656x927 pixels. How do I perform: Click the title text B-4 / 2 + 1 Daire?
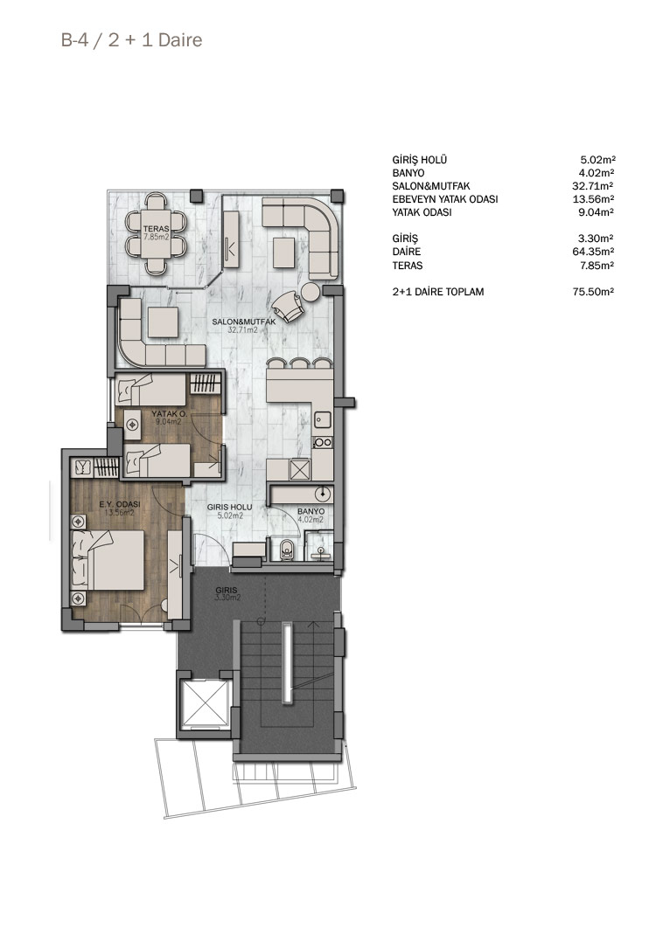point(131,40)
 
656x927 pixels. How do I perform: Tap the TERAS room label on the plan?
point(156,229)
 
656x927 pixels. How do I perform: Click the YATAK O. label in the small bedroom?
point(165,414)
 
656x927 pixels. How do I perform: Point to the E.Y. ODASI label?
point(120,504)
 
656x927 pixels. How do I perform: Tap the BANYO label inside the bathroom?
point(311,511)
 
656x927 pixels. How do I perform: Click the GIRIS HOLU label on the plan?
point(230,508)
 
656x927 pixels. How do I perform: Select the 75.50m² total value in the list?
point(593,292)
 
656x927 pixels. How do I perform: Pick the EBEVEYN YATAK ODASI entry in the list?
point(444,199)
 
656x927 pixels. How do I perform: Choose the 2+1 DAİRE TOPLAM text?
point(437,292)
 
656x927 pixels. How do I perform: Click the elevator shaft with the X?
point(203,703)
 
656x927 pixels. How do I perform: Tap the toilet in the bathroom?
point(287,550)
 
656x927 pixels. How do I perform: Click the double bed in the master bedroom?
point(108,559)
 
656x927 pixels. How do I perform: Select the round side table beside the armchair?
point(311,292)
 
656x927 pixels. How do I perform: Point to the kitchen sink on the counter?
point(322,419)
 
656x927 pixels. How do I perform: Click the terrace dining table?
point(157,233)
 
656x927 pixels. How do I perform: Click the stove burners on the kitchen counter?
point(323,442)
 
